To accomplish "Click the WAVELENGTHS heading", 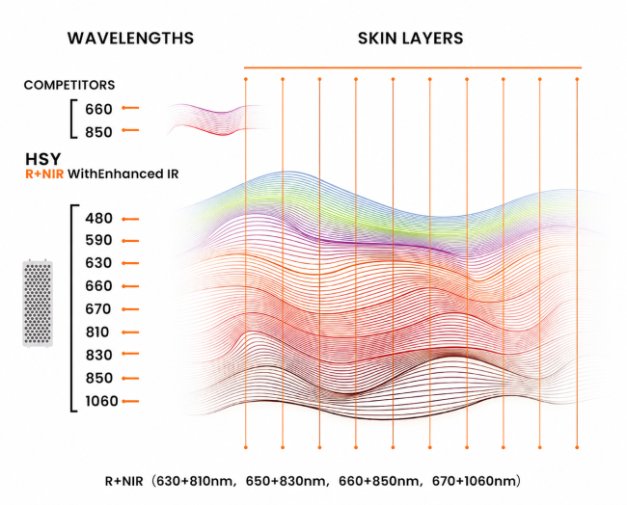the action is [130, 39].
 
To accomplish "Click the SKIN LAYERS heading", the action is [411, 39].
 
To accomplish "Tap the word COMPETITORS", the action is [69, 85].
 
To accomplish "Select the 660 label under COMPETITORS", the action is [98, 109].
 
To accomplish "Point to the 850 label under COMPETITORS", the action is [98, 132].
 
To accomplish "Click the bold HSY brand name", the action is [43, 159].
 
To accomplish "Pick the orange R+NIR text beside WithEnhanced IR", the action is [44, 174].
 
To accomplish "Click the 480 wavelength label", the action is [98, 219].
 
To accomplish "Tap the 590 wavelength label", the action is [98, 240].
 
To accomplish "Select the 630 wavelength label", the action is [98, 263].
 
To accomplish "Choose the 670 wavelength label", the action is [98, 308].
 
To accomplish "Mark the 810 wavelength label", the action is [97, 332].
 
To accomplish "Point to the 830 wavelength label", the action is [98, 355].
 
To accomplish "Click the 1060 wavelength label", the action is [101, 401].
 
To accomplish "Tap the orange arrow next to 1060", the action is [130, 401].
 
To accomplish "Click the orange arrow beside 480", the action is [130, 219].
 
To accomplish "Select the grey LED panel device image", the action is [38, 304].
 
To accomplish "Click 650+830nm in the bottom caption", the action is [286, 481].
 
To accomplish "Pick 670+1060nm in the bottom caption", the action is [474, 481].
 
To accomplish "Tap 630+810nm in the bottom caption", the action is [194, 481].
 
